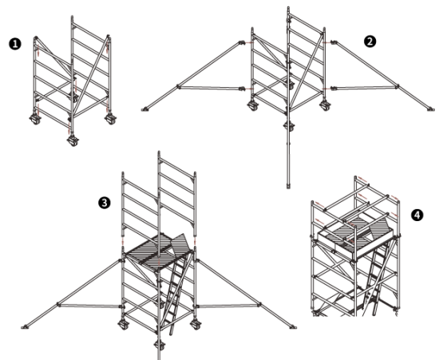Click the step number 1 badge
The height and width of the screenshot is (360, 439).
[x=15, y=44]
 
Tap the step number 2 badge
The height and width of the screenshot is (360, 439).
[x=370, y=42]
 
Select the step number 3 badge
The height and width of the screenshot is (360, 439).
[x=105, y=203]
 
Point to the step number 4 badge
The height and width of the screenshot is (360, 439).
[x=417, y=216]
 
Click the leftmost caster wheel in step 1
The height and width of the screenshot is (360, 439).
[x=35, y=119]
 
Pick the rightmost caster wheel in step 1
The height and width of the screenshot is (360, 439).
[x=111, y=119]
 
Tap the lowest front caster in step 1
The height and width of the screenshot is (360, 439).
[x=73, y=140]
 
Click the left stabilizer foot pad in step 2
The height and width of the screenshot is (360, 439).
[x=144, y=109]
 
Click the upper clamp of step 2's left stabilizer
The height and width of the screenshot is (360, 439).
[x=242, y=42]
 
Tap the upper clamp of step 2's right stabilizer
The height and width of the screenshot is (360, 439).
[x=334, y=42]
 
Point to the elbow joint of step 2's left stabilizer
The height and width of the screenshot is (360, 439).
[x=178, y=86]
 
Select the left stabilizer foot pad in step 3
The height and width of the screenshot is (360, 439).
[x=25, y=327]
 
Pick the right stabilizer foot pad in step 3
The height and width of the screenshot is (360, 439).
[x=293, y=326]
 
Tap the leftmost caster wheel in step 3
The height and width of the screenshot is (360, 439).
[x=123, y=325]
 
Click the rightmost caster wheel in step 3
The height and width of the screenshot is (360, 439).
[x=196, y=325]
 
